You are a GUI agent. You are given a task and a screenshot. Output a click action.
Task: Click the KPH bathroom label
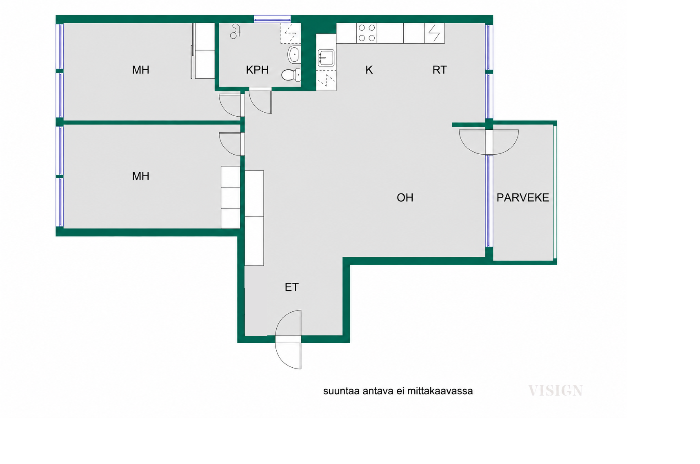tap(257, 70)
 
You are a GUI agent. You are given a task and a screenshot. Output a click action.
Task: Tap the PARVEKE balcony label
tap(522, 198)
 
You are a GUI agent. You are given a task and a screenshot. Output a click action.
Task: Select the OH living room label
tap(405, 198)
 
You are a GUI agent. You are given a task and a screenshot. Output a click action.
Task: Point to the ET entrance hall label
tap(291, 287)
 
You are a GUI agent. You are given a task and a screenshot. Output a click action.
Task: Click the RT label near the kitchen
tap(440, 70)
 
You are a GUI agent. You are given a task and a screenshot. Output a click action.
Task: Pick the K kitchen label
tap(369, 70)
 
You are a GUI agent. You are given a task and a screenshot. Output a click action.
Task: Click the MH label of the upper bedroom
tap(140, 70)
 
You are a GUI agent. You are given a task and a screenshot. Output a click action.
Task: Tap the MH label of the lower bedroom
tap(140, 176)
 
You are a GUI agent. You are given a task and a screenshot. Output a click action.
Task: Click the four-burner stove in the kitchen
tap(367, 33)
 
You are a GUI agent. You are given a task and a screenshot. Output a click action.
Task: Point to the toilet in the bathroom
tap(291, 75)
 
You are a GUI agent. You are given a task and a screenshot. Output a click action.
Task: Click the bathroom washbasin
tap(294, 54)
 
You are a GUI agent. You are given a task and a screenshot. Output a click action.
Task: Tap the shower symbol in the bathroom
tap(236, 31)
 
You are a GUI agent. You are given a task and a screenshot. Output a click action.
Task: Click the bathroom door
tap(260, 100)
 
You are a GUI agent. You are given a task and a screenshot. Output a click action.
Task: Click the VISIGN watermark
tap(556, 391)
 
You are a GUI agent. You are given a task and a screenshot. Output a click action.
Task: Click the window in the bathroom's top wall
tap(272, 19)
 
